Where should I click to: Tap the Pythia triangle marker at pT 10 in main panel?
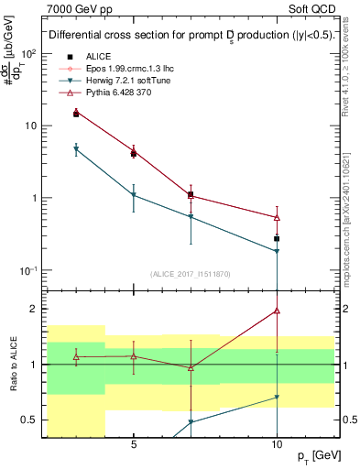[x=277, y=217]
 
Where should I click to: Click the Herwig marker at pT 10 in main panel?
[x=277, y=251]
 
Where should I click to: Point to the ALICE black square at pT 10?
[x=277, y=238]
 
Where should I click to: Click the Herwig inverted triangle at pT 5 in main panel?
[x=134, y=195]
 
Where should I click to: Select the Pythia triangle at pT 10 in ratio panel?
[x=277, y=311]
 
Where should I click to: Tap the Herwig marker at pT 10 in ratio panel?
[x=277, y=398]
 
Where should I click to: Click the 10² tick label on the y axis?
[x=28, y=53]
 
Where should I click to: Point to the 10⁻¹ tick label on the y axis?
[x=28, y=270]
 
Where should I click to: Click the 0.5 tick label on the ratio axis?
[x=27, y=420]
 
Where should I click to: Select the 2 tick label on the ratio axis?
[x=32, y=309]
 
